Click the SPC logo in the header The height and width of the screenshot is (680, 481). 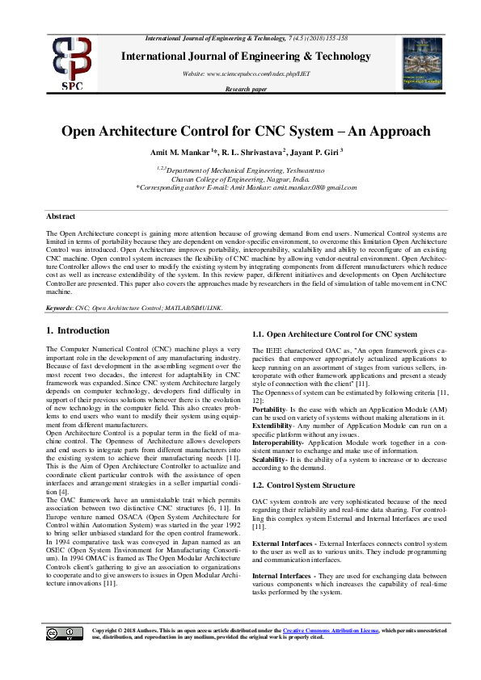[x=72, y=62]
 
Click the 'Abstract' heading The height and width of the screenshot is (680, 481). [x=61, y=216]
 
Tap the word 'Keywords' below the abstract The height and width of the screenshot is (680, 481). [x=61, y=308]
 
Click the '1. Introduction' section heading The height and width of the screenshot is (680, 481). [x=78, y=330]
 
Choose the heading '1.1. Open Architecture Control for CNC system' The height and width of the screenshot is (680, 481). [x=335, y=334]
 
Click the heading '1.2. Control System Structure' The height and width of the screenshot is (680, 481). [x=304, y=485]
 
